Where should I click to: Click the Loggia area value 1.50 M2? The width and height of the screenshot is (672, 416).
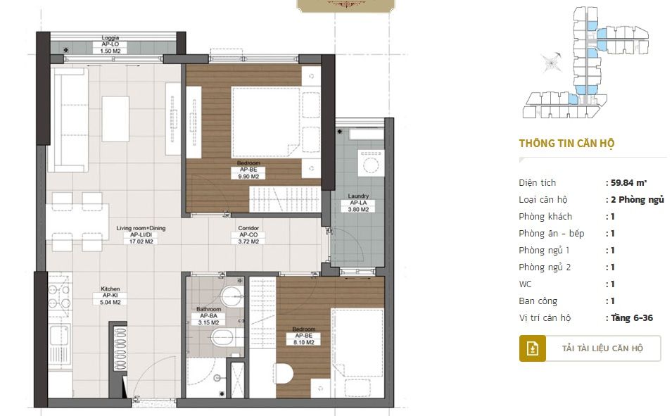110,51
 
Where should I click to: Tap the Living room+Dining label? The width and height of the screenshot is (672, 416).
141,228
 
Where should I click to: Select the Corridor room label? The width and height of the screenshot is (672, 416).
248,228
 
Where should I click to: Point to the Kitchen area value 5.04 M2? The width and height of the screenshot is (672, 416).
110,302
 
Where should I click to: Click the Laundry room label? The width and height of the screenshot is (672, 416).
358,196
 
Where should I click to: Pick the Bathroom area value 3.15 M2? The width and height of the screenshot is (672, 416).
209,322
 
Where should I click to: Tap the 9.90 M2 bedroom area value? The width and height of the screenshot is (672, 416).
248,176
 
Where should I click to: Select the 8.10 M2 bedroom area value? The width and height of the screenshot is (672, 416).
304,342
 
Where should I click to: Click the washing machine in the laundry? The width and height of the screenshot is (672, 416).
371,163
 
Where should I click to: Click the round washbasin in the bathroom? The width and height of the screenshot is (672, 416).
232,296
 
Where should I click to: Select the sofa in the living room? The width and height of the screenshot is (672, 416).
68,120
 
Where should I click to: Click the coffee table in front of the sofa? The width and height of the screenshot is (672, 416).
115,119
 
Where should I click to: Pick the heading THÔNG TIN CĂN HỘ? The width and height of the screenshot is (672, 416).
566,143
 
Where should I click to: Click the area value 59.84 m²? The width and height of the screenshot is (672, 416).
628,183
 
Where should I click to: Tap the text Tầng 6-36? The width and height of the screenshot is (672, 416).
632,317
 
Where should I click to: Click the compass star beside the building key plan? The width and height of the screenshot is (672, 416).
550,63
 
